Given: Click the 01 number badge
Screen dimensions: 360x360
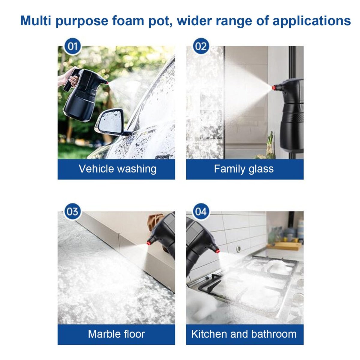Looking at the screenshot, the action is click(73, 46).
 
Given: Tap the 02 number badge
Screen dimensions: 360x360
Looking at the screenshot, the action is click(201, 46).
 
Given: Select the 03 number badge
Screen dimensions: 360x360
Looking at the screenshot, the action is click(73, 212).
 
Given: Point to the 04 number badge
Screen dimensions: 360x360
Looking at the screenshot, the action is click(201, 212).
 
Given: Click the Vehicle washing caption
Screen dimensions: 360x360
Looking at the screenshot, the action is click(118, 169).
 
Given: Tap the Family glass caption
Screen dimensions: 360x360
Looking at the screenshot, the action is click(244, 169).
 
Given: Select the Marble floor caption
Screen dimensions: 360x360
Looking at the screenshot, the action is click(116, 334).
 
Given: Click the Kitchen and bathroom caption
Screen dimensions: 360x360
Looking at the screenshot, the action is click(244, 334).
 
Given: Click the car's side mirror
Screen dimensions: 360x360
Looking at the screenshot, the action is click(110, 121).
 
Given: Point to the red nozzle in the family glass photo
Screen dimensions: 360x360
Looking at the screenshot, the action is click(274, 87).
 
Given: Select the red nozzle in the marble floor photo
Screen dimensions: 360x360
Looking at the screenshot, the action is click(149, 243).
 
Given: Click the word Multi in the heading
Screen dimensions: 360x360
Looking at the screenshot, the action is click(35, 21).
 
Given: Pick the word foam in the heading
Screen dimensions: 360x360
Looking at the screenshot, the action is click(128, 21).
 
